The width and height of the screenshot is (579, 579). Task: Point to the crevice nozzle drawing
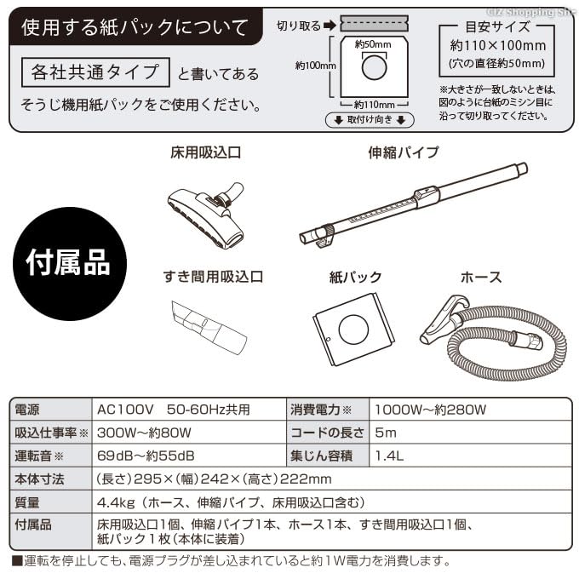tap(208, 326)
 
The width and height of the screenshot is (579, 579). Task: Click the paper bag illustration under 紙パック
tap(353, 329)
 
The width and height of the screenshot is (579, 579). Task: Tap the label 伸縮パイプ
tap(403, 153)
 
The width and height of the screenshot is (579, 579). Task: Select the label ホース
tap(480, 278)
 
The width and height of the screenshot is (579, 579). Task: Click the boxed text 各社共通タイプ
tap(90, 72)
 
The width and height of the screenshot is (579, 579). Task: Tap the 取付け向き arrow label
tap(369, 120)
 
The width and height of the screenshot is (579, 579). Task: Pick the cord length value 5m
tap(387, 433)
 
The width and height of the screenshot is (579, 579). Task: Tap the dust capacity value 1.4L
tap(390, 456)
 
